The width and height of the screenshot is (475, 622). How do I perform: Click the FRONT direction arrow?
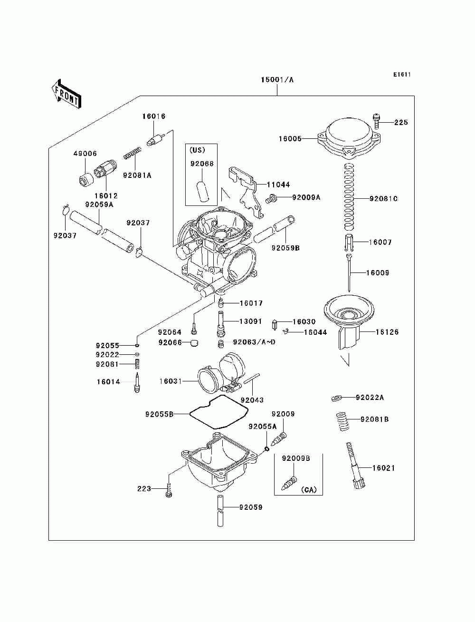point(66,94)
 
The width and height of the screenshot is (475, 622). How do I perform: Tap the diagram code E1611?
point(402,75)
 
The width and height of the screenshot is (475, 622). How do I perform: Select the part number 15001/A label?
point(277,80)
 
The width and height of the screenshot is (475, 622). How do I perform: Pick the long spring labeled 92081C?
point(349,197)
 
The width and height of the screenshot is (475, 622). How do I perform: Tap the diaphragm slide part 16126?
point(349,322)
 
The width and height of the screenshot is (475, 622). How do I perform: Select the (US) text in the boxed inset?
point(197,150)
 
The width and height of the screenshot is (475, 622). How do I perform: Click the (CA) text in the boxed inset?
point(309,489)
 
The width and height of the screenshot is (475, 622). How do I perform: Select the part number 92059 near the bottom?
point(250,507)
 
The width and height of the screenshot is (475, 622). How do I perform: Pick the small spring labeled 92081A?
point(132,153)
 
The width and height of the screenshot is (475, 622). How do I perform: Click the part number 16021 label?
point(383,468)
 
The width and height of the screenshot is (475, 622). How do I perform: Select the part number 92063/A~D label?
point(254,342)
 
